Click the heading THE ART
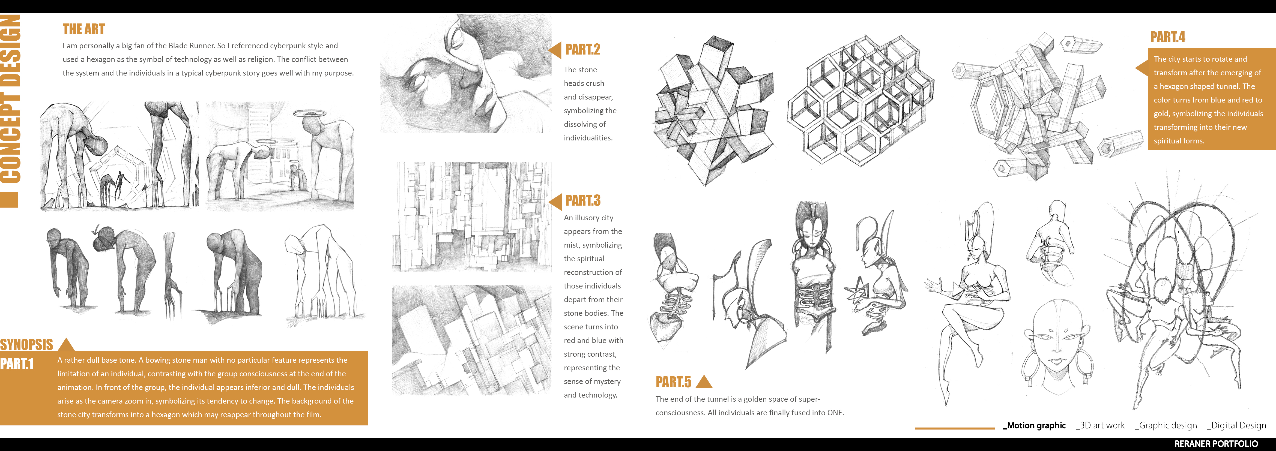[84, 29]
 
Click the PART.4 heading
[1167, 37]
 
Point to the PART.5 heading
[673, 382]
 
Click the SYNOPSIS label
[26, 345]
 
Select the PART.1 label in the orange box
[17, 364]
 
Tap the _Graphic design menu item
[1166, 426]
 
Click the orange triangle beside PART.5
[704, 382]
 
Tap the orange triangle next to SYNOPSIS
[66, 345]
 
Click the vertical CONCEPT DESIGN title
[10, 99]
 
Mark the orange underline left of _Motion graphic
[955, 428]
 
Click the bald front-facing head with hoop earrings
[1057, 345]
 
